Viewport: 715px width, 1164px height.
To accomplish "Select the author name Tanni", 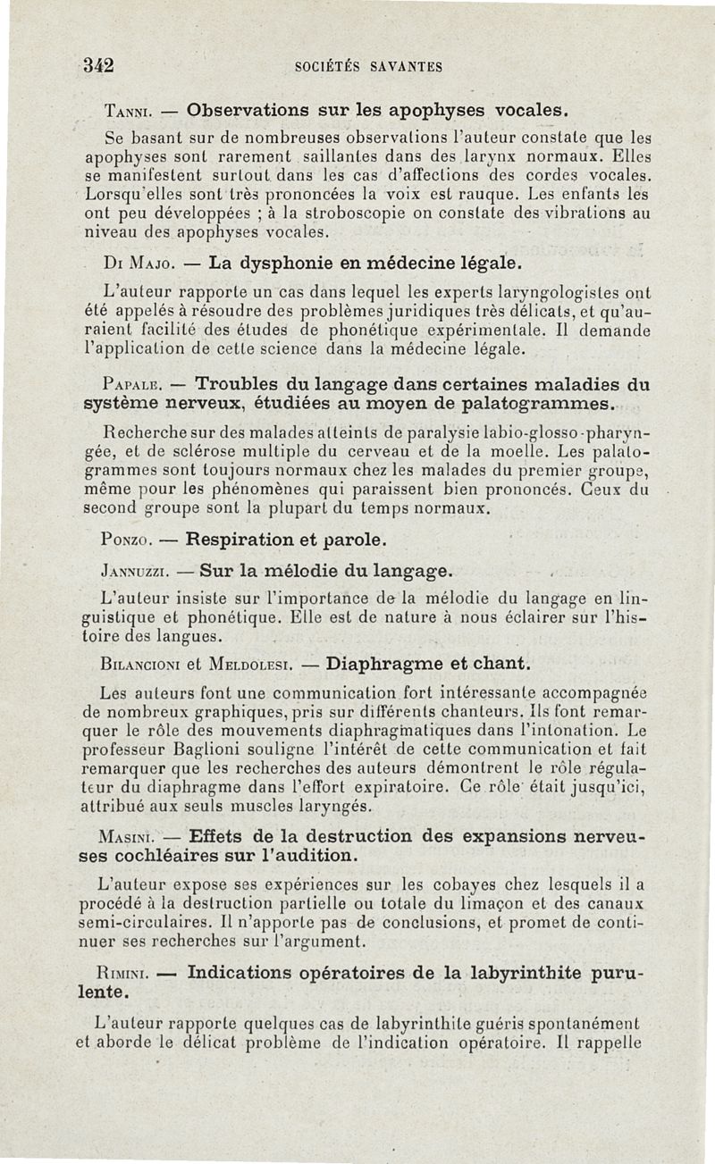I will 131,113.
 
